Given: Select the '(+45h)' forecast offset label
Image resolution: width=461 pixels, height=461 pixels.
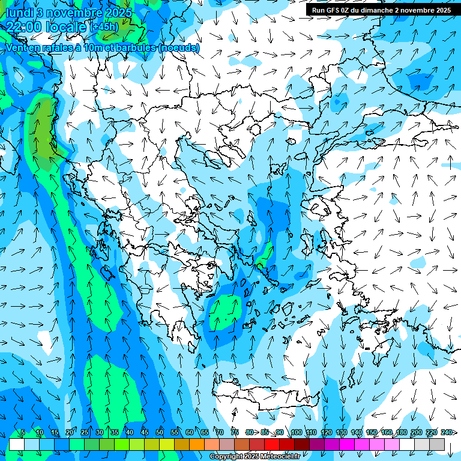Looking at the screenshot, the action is click(104, 27).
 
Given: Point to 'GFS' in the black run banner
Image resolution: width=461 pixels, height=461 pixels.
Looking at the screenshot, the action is click(334, 10).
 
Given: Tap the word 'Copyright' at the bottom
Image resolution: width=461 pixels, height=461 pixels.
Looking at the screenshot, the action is click(226, 457).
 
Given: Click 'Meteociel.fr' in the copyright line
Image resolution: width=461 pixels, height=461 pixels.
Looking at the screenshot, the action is click(280, 457).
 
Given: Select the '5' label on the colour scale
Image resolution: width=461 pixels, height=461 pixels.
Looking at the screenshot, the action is click(23, 432).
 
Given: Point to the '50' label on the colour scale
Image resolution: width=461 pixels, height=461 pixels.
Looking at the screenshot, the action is click(160, 432).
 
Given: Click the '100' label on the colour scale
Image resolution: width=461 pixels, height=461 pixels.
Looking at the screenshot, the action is click(296, 432).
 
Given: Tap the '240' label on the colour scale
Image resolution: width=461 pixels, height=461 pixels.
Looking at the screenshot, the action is click(447, 432).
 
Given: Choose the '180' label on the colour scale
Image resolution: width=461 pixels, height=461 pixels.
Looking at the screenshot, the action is click(401, 432).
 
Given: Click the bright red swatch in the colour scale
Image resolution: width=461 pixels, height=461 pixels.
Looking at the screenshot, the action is click(272, 444).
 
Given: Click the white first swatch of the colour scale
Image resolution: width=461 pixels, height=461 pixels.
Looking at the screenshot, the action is click(16, 444).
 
